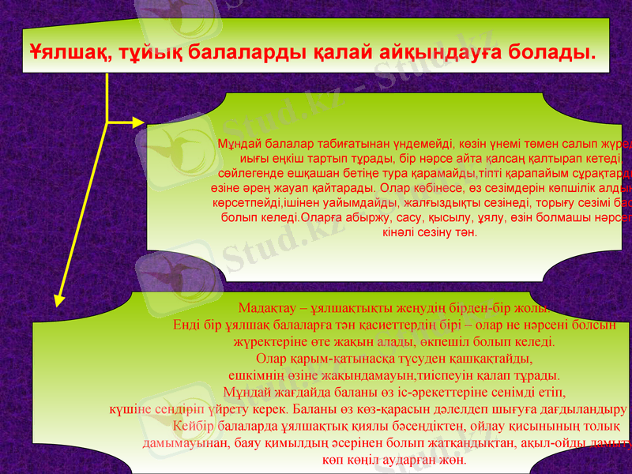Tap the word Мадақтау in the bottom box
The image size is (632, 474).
(x=264, y=309)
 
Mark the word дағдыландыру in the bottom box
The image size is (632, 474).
(x=581, y=409)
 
